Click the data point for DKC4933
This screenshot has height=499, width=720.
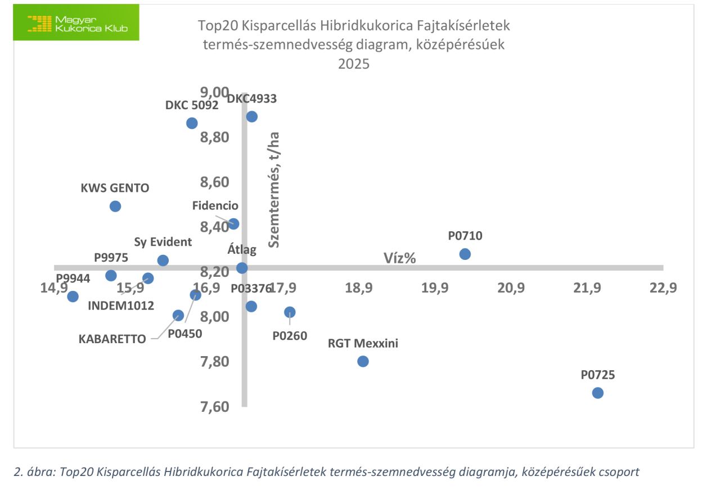252,116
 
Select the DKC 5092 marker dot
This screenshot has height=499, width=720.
192,123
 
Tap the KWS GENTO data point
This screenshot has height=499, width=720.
115,206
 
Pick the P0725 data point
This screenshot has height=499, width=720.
597,393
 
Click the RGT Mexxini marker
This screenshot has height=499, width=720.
363,361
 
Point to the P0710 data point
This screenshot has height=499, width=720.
465,254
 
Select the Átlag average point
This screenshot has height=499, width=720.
242,268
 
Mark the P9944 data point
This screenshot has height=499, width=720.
73,296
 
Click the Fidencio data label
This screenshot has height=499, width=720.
215,206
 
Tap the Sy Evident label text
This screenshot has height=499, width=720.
163,242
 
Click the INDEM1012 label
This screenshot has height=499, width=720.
121,305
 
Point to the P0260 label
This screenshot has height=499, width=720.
290,336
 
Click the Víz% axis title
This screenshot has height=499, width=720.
399,258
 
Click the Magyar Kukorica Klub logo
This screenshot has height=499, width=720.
76,23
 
